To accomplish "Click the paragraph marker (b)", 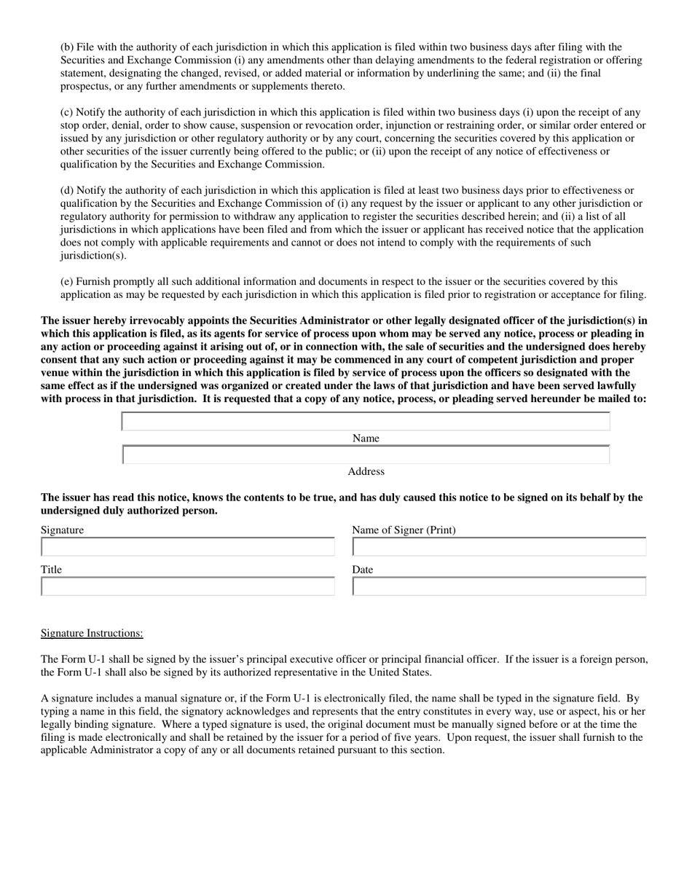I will tap(67, 47).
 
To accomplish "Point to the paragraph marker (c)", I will tap(67, 112).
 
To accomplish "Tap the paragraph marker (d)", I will tap(67, 190).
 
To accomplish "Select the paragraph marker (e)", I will tap(67, 281).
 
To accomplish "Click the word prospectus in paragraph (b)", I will tap(84, 87).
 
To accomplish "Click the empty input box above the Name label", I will tap(366, 422).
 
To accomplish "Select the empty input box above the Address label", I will tap(366, 455).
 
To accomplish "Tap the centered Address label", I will tap(366, 472).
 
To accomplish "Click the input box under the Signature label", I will tap(188, 547).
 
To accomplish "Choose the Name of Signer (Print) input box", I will tap(499, 547).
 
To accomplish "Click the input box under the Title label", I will tap(188, 586).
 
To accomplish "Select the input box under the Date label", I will tap(499, 586).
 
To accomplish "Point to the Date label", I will tap(362, 570).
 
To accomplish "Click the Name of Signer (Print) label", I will tap(404, 530).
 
